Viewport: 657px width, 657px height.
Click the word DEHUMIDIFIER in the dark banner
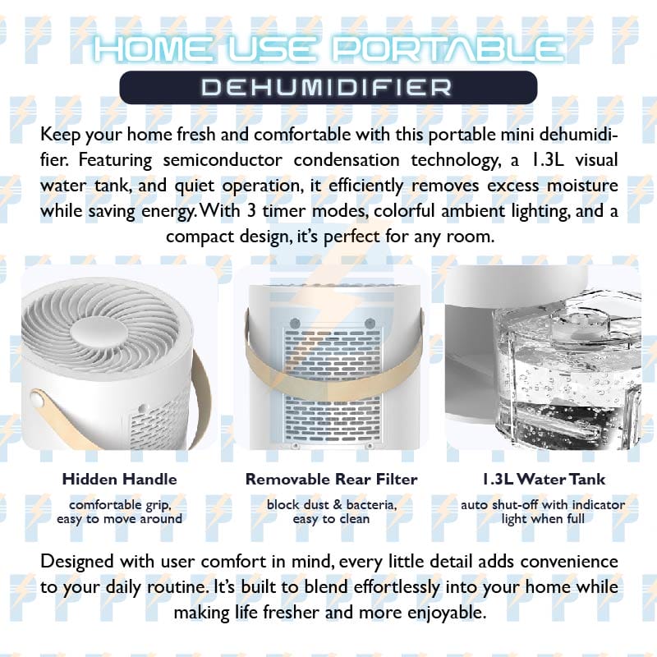[x=326, y=88]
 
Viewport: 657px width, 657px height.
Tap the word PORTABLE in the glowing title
[x=448, y=49]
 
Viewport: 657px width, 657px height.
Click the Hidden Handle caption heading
[x=119, y=479]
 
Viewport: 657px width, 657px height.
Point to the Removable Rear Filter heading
[x=332, y=479]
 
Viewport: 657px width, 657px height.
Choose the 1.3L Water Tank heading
[x=544, y=479]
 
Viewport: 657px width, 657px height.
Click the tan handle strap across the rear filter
[x=334, y=377]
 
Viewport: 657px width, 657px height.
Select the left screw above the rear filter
[x=295, y=323]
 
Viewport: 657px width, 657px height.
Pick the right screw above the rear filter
[x=370, y=323]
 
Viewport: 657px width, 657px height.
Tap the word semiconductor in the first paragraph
[x=223, y=160]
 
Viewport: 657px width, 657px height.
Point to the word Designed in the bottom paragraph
[x=76, y=563]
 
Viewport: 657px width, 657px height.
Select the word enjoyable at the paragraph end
[x=447, y=613]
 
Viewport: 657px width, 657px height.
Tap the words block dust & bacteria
[x=332, y=505]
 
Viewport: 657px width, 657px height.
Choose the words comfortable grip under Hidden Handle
[x=120, y=506]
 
